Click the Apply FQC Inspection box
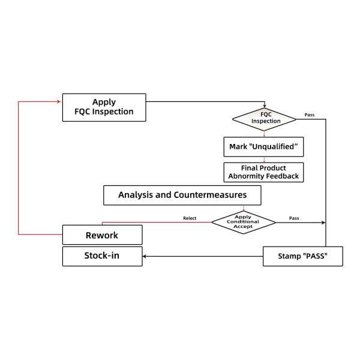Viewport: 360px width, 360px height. (104, 107)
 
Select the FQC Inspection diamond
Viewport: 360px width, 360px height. (264, 118)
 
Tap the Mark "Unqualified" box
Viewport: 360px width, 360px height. (263, 147)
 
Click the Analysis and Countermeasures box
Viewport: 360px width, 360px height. (183, 195)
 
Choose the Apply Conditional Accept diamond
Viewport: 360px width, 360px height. (243, 221)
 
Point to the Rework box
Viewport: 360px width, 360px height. (103, 235)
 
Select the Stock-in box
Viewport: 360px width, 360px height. (103, 256)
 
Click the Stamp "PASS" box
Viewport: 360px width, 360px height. (302, 256)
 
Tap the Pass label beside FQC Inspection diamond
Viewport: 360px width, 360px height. (310, 114)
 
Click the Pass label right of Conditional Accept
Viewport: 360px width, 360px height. (294, 218)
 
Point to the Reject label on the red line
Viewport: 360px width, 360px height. (190, 218)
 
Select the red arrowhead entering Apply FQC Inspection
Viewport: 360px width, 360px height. (60, 101)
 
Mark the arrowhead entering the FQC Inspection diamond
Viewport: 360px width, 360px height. (264, 106)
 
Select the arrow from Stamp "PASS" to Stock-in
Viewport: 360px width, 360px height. (204, 257)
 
